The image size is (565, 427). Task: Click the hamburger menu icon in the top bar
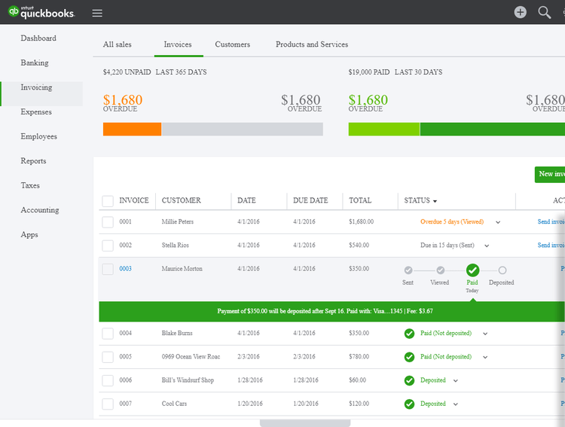[x=97, y=13]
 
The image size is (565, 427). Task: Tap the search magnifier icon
[x=544, y=12]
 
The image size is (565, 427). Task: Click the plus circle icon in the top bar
[x=521, y=12]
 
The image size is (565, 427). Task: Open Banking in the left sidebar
[x=35, y=63]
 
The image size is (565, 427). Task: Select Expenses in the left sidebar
[x=36, y=112]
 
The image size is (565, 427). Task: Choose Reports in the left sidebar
[x=33, y=161]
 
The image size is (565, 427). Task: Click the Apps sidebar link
[x=29, y=235]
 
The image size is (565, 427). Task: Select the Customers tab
[x=233, y=44]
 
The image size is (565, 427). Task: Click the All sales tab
[x=118, y=44]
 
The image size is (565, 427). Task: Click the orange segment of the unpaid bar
[x=132, y=130]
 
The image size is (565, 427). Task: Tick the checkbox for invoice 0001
[x=108, y=222]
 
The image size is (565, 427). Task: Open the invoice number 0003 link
[x=125, y=269]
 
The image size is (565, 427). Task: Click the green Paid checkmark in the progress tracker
[x=472, y=270]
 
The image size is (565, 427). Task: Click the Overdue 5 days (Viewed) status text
[x=452, y=222]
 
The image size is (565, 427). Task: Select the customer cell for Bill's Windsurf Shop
[x=188, y=380]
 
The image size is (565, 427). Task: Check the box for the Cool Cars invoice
[x=108, y=404]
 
